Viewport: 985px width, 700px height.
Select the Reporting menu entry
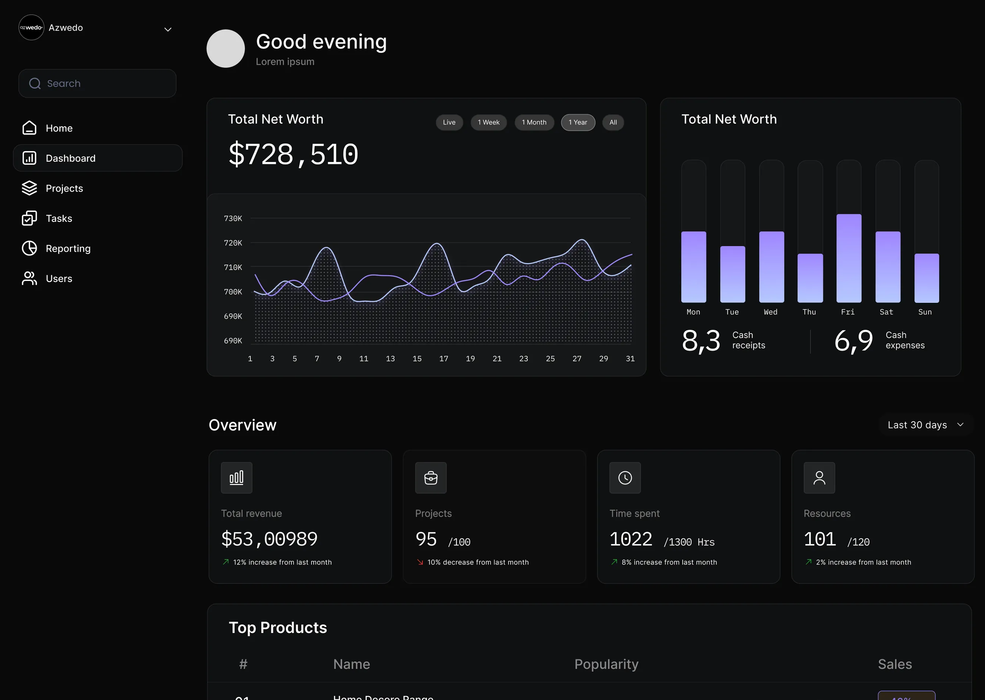point(68,249)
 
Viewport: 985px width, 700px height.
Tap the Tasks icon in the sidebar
point(29,218)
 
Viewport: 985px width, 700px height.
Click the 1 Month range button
point(534,122)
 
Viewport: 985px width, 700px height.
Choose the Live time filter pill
point(449,122)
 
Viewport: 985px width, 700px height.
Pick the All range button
point(613,122)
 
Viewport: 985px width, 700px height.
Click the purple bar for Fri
point(849,259)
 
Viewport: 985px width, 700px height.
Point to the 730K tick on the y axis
point(233,218)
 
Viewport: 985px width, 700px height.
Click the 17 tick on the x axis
point(443,359)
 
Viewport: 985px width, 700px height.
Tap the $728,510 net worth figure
point(293,154)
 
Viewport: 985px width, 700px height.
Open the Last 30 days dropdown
point(925,425)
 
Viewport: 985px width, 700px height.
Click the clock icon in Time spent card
point(625,478)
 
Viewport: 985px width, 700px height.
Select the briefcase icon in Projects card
point(430,478)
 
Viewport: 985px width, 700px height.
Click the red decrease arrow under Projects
point(420,562)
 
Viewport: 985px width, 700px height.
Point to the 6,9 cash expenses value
point(853,340)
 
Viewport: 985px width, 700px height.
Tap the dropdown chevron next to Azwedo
point(168,29)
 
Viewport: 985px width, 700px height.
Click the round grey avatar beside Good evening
point(225,48)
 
